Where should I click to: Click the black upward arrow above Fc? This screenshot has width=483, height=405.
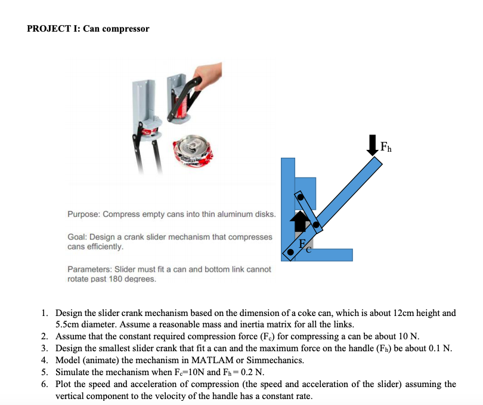[x=299, y=222]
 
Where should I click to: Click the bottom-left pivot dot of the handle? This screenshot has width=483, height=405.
[x=290, y=252]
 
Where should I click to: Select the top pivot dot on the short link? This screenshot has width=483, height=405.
[x=301, y=196]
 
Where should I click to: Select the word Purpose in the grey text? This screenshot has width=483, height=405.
[x=83, y=214]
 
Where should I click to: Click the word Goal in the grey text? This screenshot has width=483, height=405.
[x=77, y=237]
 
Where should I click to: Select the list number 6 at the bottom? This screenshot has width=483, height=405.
[x=45, y=384]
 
